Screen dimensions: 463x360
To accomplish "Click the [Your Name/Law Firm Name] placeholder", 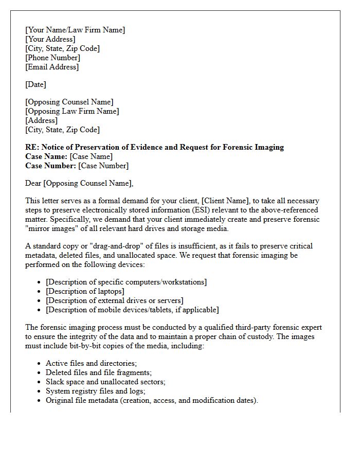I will [x=75, y=30].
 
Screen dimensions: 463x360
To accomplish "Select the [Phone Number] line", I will [x=52, y=58].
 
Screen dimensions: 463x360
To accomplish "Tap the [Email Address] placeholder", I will [x=52, y=67].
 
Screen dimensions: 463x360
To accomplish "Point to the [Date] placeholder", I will [x=35, y=84].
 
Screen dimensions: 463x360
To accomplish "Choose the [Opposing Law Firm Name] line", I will [x=72, y=111].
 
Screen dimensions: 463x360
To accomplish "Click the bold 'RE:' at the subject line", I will [x=32, y=147].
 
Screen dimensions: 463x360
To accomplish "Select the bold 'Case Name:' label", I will [x=46, y=156].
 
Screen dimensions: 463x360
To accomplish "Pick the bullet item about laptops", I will [x=85, y=291].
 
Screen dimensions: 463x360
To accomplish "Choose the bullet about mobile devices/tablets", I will [x=132, y=310].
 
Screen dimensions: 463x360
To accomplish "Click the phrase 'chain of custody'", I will [x=276, y=336].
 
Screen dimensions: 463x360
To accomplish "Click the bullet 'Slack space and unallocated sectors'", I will [x=105, y=382].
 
